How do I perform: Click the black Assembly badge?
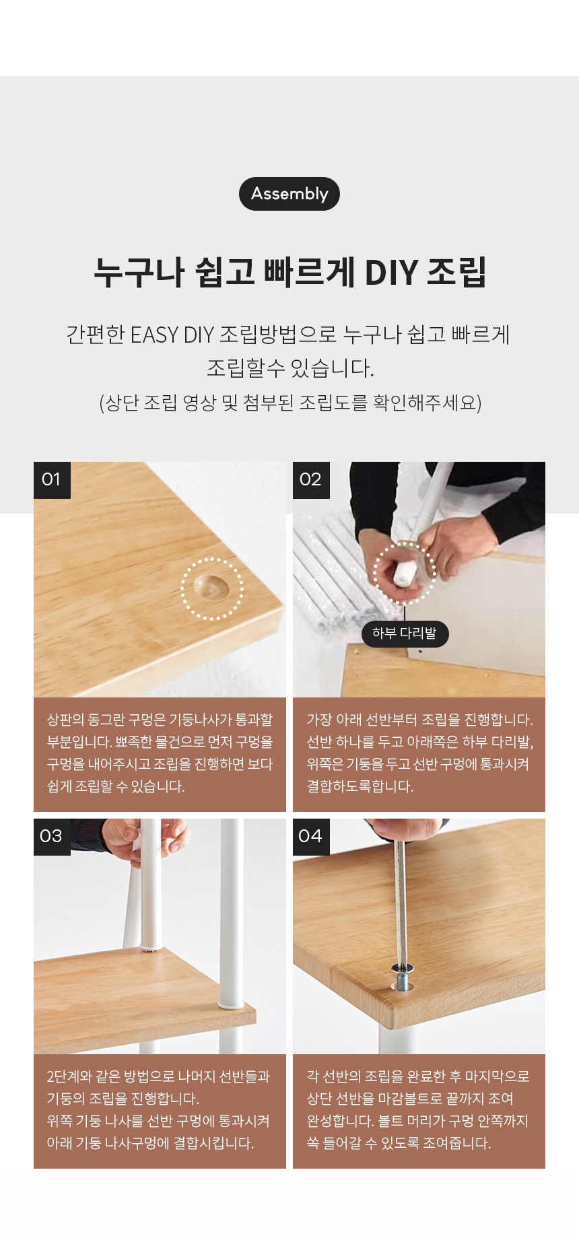point(289,194)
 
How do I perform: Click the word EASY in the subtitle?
point(154,335)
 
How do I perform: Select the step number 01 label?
point(52,480)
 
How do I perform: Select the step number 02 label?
point(311,480)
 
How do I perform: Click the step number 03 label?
point(52,837)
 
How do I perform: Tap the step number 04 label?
point(311,837)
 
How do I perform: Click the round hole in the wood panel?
point(211,587)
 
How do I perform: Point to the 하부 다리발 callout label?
point(405,633)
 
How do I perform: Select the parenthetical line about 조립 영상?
point(290,403)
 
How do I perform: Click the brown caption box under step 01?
point(160,754)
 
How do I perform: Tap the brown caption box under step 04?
point(419,1111)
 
